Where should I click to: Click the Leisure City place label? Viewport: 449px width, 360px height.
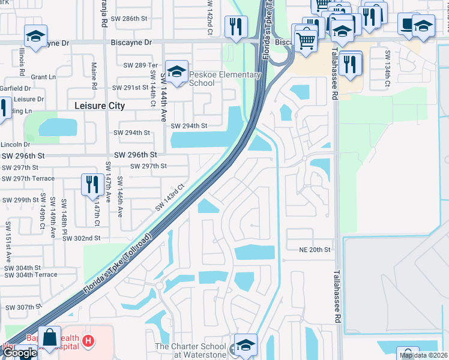coord(100,106)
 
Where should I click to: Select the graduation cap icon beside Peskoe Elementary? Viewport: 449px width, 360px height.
coord(176,72)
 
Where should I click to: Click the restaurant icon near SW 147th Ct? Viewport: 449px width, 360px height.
coord(92,184)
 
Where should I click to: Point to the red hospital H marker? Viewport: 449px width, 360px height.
coord(88,341)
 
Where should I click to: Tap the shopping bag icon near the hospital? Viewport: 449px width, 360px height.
coord(49,337)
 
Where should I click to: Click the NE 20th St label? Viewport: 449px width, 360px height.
coord(316,249)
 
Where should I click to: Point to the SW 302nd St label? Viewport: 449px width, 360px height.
coord(81,238)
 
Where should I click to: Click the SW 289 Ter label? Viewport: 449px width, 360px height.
coord(139,65)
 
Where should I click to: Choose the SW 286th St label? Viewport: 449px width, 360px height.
coord(130,19)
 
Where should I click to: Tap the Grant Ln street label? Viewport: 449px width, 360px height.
coord(43,77)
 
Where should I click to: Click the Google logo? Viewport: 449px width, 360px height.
coord(19,353)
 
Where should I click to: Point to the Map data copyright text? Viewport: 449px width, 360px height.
coord(424,355)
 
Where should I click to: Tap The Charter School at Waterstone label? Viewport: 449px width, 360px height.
coord(191,350)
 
